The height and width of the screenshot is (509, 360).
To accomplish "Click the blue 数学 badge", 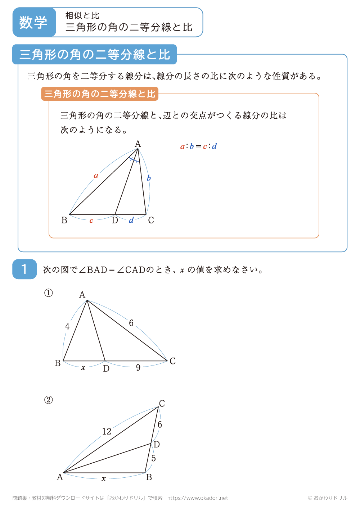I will point(33,22).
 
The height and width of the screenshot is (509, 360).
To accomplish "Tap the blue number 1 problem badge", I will point(24,269).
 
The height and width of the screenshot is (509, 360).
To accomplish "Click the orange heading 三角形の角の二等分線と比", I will point(100,94).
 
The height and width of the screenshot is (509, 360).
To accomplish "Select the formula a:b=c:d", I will point(198,146).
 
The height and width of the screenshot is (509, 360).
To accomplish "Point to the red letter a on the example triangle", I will point(96,176).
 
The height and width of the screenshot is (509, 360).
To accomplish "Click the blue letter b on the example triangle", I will point(149,178).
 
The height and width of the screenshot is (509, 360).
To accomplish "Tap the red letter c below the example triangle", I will point(91,221).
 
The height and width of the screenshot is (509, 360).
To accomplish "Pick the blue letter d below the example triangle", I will point(131,220).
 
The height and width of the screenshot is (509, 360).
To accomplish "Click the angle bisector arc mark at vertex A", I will point(134,159).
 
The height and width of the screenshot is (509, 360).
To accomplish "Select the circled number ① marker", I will point(49,293).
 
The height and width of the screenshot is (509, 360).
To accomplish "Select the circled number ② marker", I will point(49,400).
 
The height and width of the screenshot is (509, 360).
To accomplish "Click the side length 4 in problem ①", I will point(67,326).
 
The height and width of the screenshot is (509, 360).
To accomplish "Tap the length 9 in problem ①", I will point(138,368).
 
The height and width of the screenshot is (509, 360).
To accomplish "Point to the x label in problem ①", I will point(83,368).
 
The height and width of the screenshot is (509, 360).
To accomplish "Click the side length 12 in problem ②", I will point(107,431).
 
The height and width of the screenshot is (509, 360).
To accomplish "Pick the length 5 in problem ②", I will point(154,458).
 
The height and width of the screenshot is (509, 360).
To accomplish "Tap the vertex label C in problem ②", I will point(162,403).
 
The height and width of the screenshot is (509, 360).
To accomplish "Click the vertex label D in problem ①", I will point(106,369).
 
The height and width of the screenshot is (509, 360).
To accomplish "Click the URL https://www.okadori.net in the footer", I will point(198,498).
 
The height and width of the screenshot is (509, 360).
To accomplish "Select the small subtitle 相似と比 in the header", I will point(82,15).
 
